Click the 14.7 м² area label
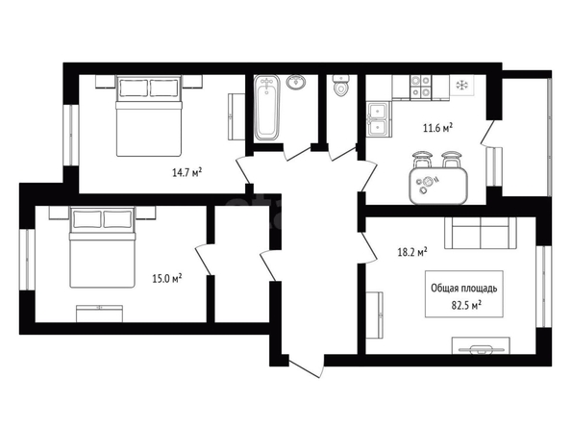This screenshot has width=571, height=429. point(187,172)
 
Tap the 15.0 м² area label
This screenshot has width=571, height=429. point(167,279)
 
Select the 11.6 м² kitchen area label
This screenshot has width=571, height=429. point(437,128)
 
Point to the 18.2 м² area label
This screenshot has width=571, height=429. point(412,252)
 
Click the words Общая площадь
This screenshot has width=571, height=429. point(464,289)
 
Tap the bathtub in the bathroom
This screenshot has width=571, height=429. point(267,108)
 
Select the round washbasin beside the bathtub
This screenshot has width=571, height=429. point(296,82)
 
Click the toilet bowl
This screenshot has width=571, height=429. point(341,86)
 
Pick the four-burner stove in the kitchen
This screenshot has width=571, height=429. point(421,88)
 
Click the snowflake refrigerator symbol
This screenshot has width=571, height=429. point(461,86)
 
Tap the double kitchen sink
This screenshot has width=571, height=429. point(379,119)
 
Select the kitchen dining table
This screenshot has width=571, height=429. point(438,186)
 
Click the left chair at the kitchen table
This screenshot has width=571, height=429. point(422,160)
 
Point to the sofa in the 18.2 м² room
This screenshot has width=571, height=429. point(481,234)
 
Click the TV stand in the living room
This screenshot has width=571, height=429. point(481,345)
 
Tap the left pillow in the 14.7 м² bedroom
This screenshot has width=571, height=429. point(134,88)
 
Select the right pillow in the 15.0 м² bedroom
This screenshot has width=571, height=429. point(117,219)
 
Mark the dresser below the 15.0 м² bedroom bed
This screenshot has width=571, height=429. point(99,314)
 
